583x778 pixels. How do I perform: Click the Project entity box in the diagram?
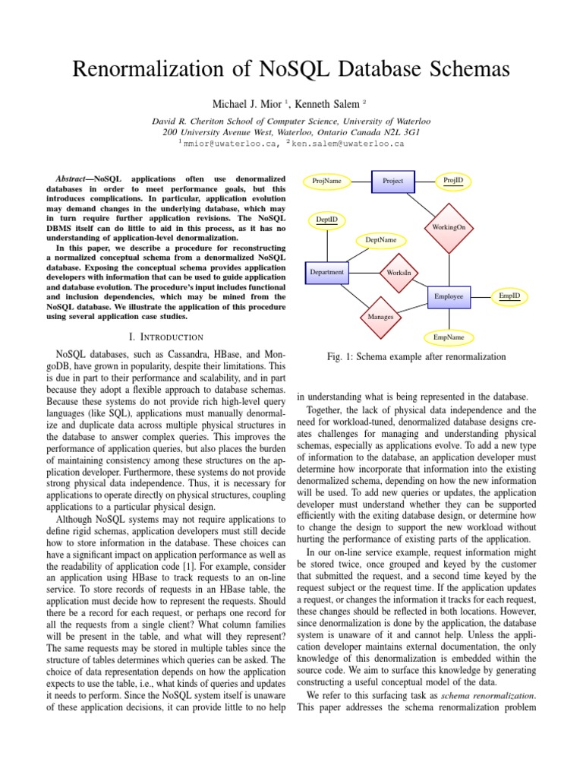click(x=393, y=181)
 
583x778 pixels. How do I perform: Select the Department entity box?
click(x=327, y=272)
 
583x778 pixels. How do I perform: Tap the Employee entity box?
click(x=449, y=296)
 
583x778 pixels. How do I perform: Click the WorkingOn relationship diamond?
click(x=449, y=226)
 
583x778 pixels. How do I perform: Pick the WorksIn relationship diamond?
click(x=399, y=272)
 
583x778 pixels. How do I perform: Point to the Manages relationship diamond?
click(x=380, y=316)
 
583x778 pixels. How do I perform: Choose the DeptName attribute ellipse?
click(x=381, y=240)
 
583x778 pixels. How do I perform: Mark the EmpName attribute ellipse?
click(x=449, y=337)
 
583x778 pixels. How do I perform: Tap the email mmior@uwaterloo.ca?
click(x=227, y=141)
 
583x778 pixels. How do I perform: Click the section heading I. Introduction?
click(x=164, y=337)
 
